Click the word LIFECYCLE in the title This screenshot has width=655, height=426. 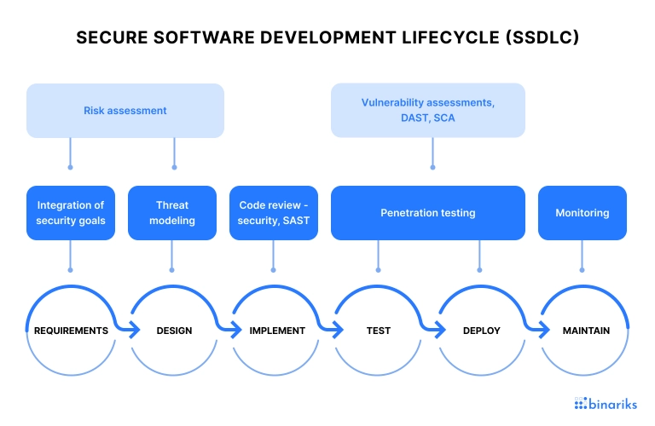[x=450, y=37]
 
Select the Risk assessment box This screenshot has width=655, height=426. [x=125, y=111]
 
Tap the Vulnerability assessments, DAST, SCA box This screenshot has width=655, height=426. [x=428, y=110]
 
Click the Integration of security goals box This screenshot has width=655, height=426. [x=71, y=213]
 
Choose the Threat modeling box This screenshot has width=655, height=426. [x=172, y=213]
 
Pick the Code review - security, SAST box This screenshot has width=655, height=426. [x=274, y=213]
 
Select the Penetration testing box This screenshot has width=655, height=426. [x=428, y=213]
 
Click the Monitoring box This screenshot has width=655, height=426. [x=583, y=213]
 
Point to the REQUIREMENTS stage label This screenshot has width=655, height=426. [x=71, y=331]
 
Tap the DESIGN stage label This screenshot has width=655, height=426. [x=174, y=331]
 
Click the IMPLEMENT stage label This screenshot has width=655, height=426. [x=277, y=331]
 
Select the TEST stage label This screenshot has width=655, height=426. [x=379, y=331]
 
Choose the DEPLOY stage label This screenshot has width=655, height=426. [x=482, y=331]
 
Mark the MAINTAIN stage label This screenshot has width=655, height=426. [x=586, y=331]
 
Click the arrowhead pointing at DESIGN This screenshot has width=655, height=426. [x=135, y=330]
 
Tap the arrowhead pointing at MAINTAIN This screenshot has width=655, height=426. [x=544, y=330]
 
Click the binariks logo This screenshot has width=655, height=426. [x=606, y=404]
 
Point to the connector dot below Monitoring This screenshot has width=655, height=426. [x=582, y=270]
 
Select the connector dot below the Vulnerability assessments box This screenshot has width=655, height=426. [x=432, y=167]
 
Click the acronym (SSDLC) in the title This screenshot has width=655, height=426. [x=542, y=37]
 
